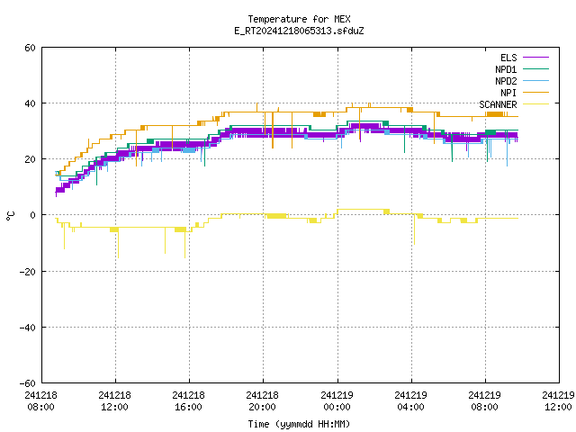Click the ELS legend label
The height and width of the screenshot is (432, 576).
point(508,58)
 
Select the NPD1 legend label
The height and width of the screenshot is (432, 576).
point(506,69)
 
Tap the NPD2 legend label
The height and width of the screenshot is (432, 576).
point(506,81)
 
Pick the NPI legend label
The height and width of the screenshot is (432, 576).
point(508,93)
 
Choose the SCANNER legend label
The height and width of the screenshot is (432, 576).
point(498,104)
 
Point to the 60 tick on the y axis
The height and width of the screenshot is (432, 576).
point(30,48)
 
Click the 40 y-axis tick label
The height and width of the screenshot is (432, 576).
point(30,103)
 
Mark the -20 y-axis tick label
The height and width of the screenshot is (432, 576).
point(28,272)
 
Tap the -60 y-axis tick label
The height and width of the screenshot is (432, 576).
point(28,383)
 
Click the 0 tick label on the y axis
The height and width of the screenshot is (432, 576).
point(33,215)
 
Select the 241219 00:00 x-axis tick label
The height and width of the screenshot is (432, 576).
point(337,401)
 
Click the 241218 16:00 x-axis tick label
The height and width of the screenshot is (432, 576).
point(188,401)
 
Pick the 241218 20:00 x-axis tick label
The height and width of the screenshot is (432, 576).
point(262,401)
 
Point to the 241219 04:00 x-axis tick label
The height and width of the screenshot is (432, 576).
point(410,401)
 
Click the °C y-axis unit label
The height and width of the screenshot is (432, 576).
point(10,216)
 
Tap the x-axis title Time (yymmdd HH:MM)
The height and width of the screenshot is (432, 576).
point(299,424)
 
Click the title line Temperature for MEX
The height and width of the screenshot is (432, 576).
point(299,19)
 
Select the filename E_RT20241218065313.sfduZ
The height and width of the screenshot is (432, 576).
point(299,31)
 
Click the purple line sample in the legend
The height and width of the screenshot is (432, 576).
point(535,58)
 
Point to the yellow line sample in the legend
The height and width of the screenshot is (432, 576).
point(535,104)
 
